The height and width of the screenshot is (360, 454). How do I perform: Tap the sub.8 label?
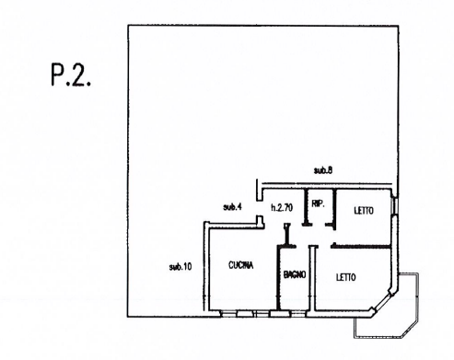point(321,171)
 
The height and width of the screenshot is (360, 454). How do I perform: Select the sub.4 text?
point(232,206)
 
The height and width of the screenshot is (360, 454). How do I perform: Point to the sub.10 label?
point(180,267)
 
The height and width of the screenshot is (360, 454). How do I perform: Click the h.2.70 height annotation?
point(282,208)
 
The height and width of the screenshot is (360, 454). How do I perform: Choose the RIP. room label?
point(317,203)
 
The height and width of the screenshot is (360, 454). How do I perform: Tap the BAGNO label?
point(295,274)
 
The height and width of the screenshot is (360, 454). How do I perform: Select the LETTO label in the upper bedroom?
point(363,211)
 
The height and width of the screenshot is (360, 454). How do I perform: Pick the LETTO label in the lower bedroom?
point(347,275)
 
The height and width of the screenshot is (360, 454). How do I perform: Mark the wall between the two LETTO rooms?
point(364,246)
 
